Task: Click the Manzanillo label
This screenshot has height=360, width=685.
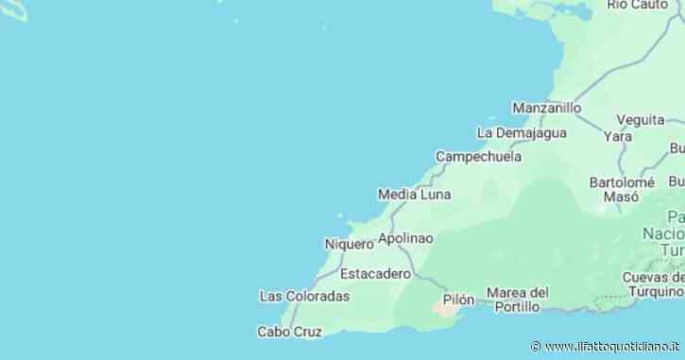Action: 547,108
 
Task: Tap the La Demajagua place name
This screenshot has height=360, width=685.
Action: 522,132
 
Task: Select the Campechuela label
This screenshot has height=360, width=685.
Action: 480,156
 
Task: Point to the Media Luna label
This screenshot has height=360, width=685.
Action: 414,195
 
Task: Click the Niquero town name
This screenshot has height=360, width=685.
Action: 349,244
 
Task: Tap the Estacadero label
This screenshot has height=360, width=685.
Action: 375,274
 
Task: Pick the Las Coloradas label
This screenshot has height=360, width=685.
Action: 304,297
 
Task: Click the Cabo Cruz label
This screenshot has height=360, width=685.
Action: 290,332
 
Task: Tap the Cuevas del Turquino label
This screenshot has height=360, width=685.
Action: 653,284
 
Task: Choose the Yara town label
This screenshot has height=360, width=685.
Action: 618,136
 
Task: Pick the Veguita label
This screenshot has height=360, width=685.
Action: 640,120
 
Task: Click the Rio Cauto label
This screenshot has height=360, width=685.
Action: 639,5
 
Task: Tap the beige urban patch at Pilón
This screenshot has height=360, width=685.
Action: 444,308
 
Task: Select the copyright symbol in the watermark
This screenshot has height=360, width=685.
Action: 536,347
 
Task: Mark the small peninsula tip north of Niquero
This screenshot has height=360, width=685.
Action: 349,224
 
